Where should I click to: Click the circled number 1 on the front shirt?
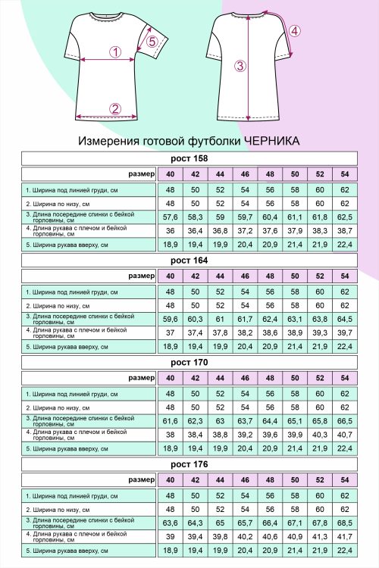115,52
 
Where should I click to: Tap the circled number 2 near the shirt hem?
115,108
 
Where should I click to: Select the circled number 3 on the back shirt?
240,66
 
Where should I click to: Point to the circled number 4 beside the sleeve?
295,31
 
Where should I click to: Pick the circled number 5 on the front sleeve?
152,42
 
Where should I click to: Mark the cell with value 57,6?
170,217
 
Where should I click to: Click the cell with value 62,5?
345,217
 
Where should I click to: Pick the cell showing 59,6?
170,320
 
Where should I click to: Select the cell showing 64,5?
345,320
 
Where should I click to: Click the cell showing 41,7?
345,537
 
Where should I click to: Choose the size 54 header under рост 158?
345,173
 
